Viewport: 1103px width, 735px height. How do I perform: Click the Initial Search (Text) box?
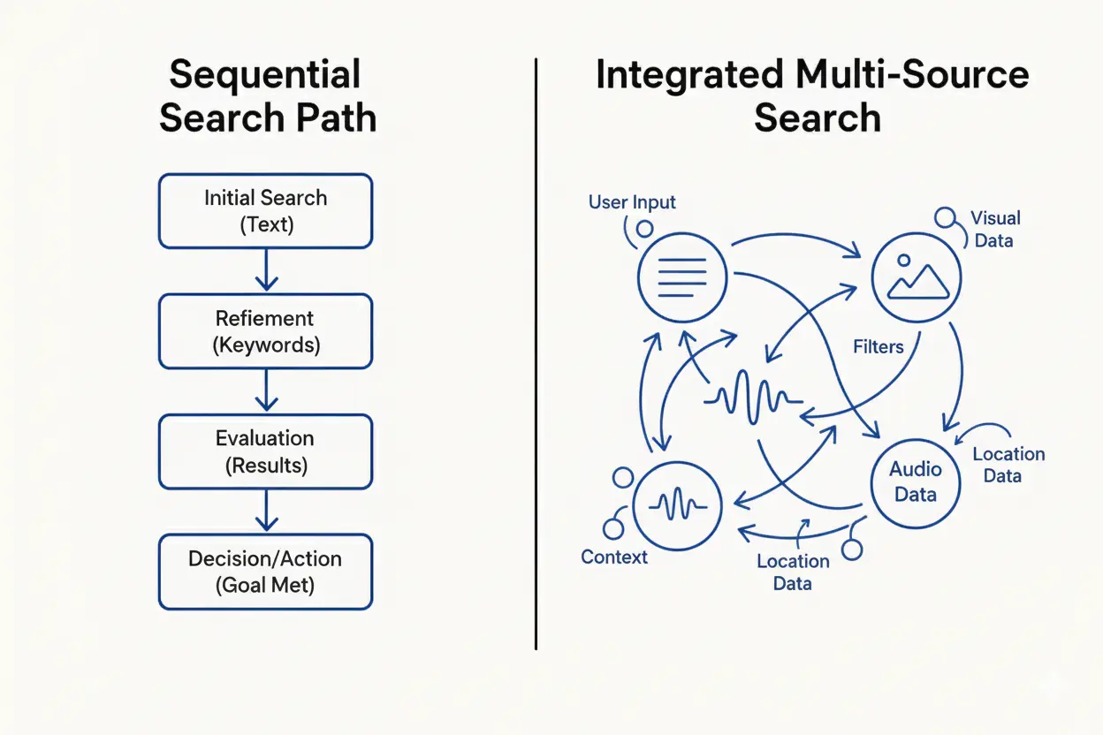pos(265,210)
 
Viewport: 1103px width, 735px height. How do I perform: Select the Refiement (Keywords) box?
pos(265,331)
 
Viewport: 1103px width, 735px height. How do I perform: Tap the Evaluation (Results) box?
pos(265,451)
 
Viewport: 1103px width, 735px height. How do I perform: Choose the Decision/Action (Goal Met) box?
pos(265,572)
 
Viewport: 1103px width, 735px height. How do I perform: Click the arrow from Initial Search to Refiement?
pos(266,270)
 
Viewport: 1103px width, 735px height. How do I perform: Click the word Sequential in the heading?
pos(265,75)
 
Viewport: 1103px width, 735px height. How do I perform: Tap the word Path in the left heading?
pos(339,117)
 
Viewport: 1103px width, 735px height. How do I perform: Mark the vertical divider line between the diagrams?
pos(536,353)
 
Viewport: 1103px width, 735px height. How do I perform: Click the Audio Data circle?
pos(916,481)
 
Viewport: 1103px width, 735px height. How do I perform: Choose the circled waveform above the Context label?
pos(678,505)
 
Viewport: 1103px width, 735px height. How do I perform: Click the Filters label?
pos(878,346)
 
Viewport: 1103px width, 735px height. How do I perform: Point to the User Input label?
pos(632,202)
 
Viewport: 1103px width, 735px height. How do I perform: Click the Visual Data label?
pos(995,229)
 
